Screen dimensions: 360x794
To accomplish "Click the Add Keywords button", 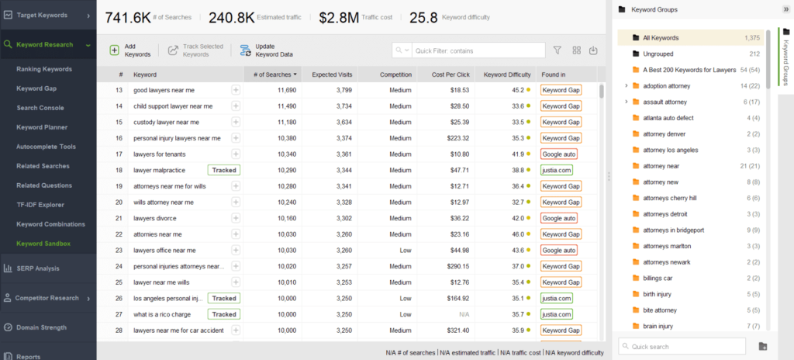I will coord(129,50).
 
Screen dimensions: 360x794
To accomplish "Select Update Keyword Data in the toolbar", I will coord(267,50).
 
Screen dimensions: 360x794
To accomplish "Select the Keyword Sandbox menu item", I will coord(43,244).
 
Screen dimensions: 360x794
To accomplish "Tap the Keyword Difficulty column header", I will coord(506,74).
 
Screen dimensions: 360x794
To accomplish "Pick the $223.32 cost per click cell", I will coord(454,138).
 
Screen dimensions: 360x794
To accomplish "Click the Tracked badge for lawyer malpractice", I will coord(224,170).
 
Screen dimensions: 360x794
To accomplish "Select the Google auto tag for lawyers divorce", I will coord(559,218).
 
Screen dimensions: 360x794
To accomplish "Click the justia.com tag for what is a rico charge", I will coord(556,314).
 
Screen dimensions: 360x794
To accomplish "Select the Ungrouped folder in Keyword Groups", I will coord(658,54).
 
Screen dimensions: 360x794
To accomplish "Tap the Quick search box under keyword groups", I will coord(682,346).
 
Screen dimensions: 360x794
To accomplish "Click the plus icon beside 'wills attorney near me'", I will coord(236,202).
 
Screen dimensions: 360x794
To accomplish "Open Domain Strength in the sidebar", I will coord(42,327).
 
